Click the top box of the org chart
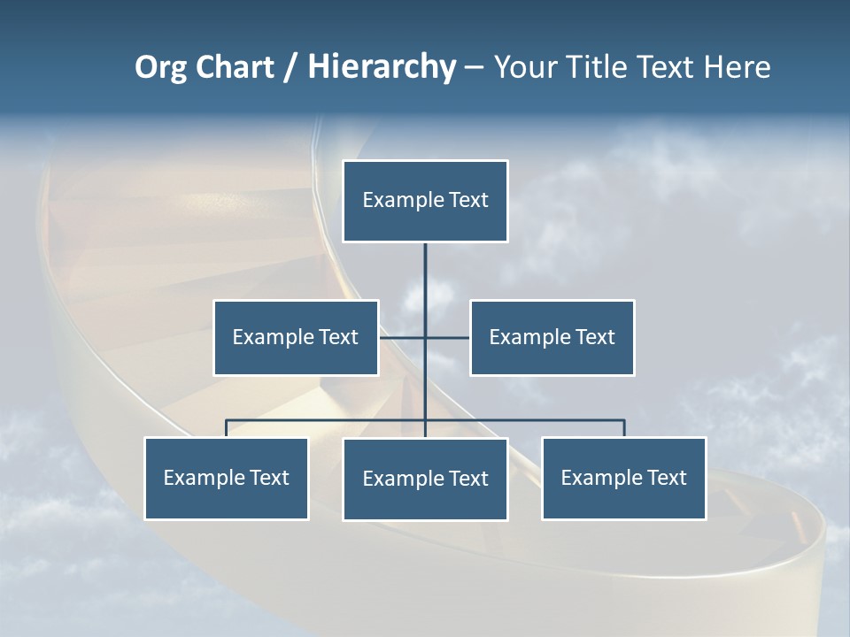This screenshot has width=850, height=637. (x=425, y=201)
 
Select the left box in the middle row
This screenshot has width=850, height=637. (x=296, y=337)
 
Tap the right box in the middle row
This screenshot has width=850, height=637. (x=552, y=337)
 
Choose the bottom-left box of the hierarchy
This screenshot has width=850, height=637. (x=227, y=479)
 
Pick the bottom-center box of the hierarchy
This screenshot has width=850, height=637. (x=425, y=480)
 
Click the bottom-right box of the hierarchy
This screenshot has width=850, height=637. (x=624, y=479)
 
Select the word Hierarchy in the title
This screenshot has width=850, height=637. (x=382, y=67)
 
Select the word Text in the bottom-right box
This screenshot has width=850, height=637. (x=666, y=479)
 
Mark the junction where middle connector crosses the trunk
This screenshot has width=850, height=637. (x=425, y=337)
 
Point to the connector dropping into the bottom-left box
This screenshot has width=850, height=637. (x=227, y=429)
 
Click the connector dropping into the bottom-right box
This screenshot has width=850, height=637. (x=624, y=429)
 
